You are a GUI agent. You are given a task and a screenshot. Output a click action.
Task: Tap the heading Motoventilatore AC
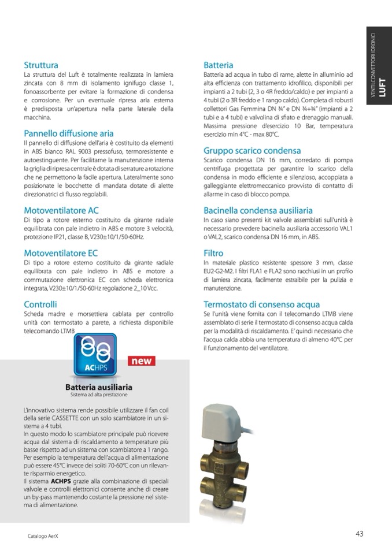click(61, 210)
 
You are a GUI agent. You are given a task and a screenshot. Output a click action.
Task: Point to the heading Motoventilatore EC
click(61, 253)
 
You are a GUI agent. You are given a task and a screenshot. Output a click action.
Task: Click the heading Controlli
click(40, 304)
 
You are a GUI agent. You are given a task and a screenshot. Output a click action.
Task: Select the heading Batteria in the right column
click(219, 65)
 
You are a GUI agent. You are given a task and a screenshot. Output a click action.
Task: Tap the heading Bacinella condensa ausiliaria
click(258, 210)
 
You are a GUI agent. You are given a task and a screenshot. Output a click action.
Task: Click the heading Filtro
click(213, 253)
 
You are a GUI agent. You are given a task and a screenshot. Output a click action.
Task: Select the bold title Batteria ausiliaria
click(99, 386)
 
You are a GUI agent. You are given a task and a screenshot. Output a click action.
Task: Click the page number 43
click(359, 534)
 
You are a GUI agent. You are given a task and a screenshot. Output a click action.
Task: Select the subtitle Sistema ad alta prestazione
click(99, 395)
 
